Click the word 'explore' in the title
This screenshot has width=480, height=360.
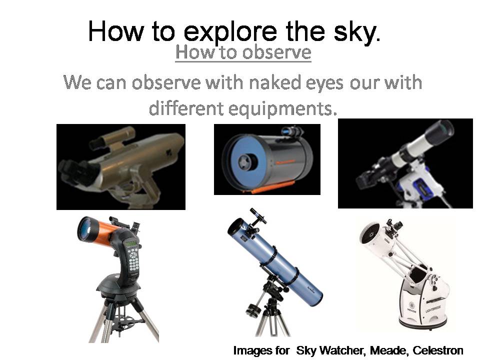pos(230,32)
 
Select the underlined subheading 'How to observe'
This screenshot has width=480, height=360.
pos(243,52)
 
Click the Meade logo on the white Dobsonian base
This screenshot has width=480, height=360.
pos(411,306)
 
